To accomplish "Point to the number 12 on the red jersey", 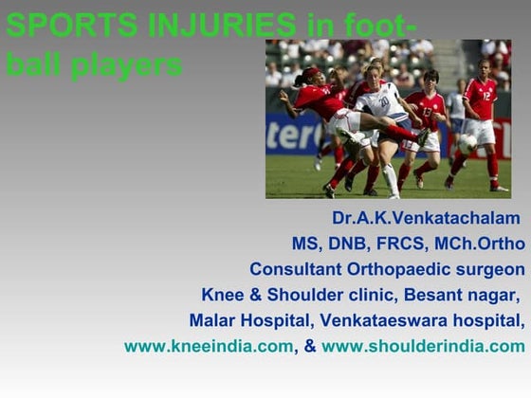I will (x=485, y=95).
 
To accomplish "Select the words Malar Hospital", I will (x=246, y=320).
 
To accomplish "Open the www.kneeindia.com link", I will (x=209, y=346).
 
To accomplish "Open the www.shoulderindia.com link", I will (x=423, y=346).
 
